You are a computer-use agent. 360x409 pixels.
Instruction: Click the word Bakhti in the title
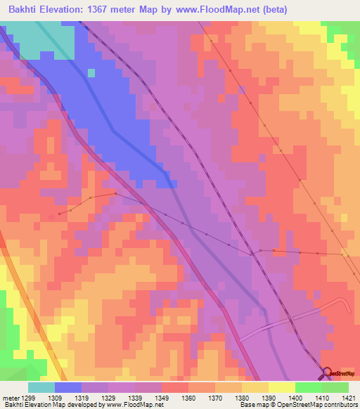coord(24,10)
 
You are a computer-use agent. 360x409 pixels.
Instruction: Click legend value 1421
coord(347,397)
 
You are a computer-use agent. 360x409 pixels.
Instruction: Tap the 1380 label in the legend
coord(242,397)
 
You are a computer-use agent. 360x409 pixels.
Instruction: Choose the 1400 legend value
coord(295,397)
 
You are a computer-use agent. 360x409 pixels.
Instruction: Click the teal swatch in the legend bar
coord(41,387)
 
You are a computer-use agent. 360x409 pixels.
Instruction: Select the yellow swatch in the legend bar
coord(281,387)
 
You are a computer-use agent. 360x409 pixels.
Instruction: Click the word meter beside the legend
coord(11,397)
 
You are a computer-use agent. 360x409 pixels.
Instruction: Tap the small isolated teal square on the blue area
coord(91,72)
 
